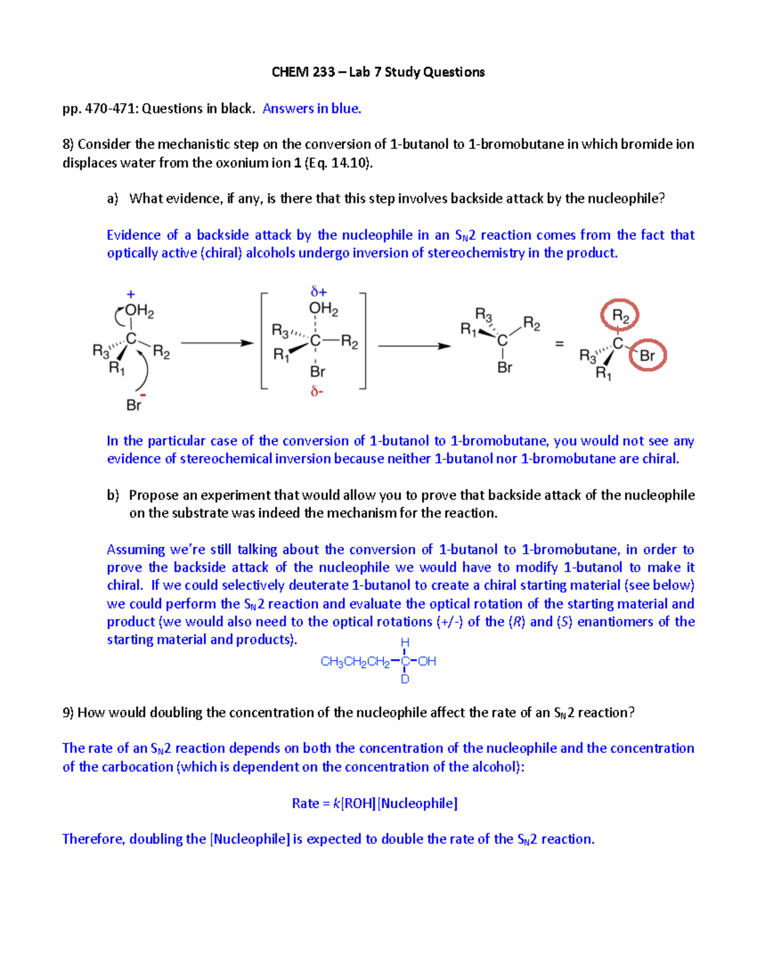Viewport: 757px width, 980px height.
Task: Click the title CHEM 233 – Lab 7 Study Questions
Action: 378,72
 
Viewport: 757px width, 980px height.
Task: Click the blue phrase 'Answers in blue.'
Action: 312,109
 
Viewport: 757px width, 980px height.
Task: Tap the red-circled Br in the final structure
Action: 647,356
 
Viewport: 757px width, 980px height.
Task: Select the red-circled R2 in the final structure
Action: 620,316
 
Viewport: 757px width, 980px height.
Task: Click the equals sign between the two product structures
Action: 559,344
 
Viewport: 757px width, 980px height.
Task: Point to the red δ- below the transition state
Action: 317,392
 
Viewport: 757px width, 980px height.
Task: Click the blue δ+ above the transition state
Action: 319,292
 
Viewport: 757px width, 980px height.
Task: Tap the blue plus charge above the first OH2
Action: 131,294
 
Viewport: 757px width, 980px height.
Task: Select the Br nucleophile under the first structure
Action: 134,405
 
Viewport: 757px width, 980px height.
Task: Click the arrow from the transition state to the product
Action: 414,346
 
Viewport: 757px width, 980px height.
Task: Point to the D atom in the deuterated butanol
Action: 405,680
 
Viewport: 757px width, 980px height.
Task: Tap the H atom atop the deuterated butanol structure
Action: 405,642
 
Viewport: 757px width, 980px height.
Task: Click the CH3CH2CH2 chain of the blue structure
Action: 355,662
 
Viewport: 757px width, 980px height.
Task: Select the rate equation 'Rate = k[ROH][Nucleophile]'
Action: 375,803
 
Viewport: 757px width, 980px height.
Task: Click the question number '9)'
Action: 68,713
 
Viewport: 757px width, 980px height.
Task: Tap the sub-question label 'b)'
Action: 113,495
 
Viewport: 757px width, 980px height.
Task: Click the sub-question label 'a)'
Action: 113,199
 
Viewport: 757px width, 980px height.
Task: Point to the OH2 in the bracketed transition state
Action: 323,309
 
